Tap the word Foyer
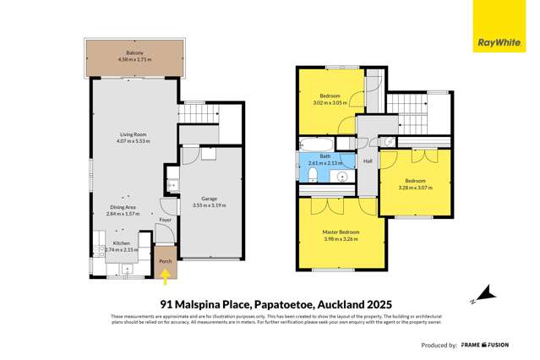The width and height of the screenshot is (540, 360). (165, 220)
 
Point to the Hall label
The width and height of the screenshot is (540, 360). (368, 161)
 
